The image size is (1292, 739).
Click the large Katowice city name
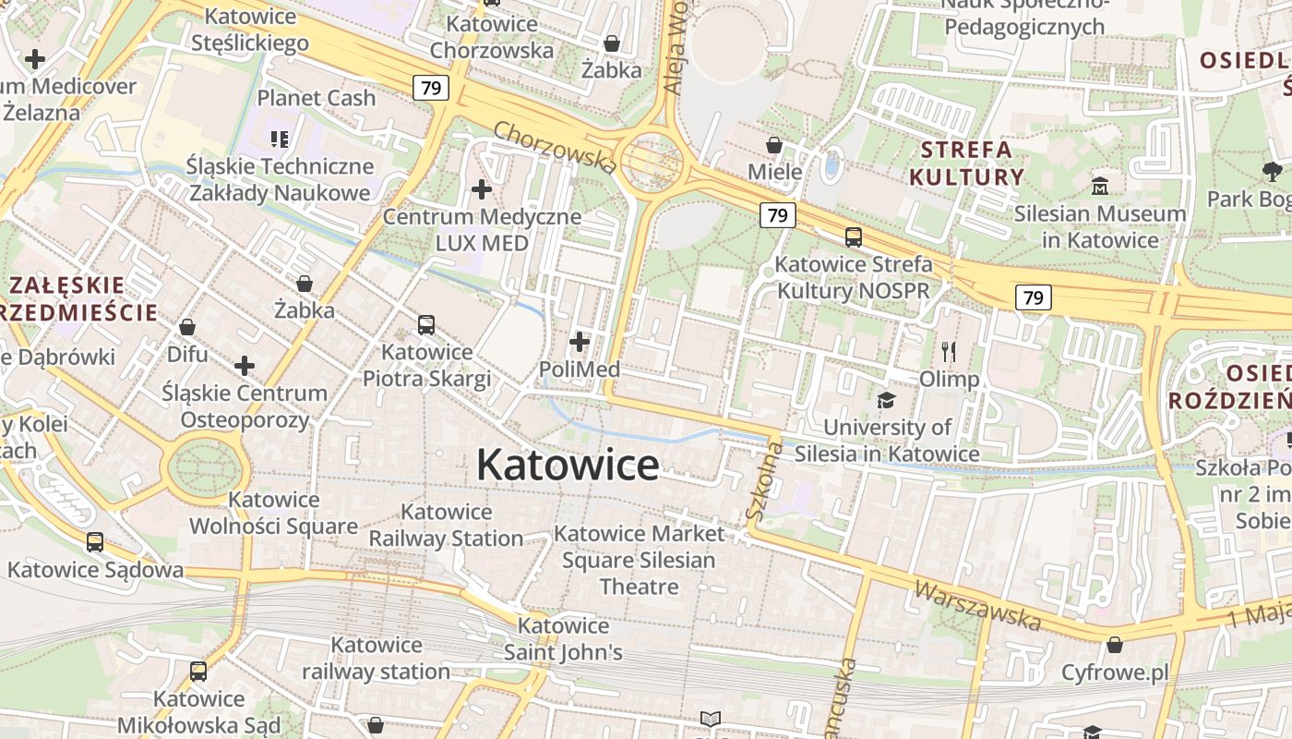568,465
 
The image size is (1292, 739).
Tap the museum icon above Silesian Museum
1100,186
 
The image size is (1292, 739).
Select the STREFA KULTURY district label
966,163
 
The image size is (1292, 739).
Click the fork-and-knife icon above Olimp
949,352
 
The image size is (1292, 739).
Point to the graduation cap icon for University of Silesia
886,400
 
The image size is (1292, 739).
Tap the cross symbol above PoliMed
580,343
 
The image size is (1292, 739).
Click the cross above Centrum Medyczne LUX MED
482,190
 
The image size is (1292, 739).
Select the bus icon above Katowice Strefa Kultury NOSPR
853,237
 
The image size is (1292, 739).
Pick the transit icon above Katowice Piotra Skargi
426,325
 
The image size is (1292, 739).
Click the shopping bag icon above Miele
774,145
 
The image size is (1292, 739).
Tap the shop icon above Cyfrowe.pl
1115,645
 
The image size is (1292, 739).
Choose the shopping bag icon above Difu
187,327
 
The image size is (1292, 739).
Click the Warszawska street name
977,605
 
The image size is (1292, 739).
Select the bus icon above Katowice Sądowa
95,542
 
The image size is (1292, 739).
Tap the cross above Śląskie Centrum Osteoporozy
245,366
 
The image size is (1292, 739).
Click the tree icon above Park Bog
1272,171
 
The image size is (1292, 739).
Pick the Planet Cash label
316,98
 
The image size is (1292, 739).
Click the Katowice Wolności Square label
273,513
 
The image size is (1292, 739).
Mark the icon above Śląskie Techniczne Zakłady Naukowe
280,139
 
